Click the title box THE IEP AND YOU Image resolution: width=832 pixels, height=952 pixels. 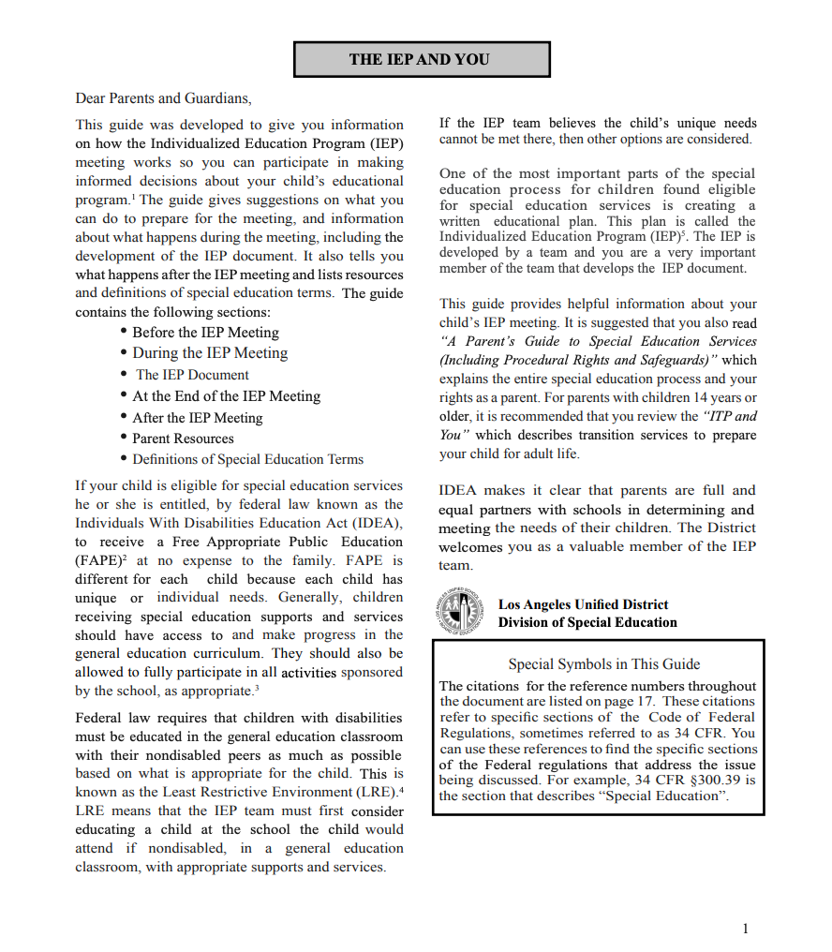point(421,59)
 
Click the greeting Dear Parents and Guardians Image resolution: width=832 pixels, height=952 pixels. point(163,97)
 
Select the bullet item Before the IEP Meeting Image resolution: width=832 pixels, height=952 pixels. point(205,333)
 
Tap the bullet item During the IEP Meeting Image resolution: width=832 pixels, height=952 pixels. point(210,353)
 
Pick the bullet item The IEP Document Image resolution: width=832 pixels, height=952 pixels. point(192,375)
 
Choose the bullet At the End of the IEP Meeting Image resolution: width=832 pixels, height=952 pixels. point(226,396)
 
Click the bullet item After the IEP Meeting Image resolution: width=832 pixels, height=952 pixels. point(197,418)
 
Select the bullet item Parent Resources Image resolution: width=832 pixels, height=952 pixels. point(183,439)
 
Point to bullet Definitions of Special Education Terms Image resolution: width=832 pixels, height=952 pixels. point(247,459)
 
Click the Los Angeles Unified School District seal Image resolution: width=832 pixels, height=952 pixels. point(459,613)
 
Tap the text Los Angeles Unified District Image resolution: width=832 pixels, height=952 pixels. point(583,604)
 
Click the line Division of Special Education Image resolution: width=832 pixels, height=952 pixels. point(587,622)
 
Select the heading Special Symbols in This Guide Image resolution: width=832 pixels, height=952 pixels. point(604,664)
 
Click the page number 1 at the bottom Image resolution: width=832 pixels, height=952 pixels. point(745,929)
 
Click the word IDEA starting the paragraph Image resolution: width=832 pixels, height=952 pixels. point(460,490)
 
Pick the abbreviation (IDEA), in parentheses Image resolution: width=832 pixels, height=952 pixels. point(377,523)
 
